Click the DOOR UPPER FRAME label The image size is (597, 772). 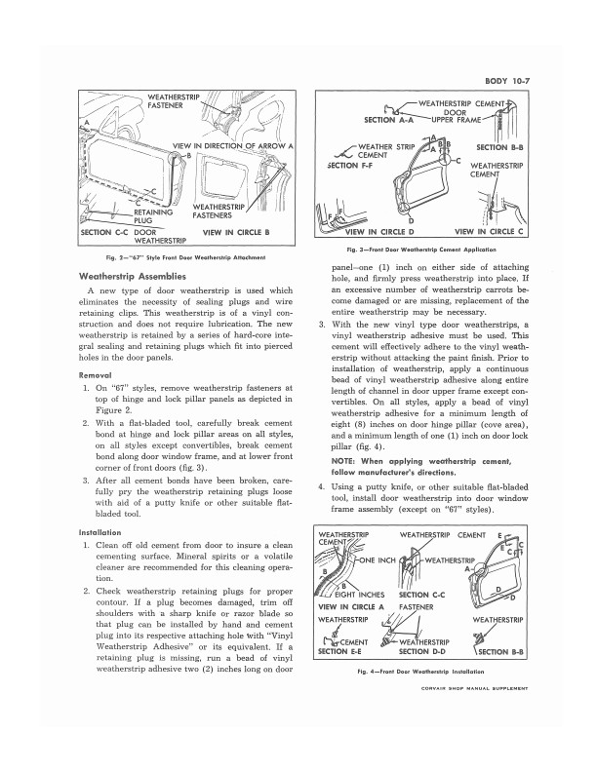[x=474, y=116]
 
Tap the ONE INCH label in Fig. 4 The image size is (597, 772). [x=380, y=560]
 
